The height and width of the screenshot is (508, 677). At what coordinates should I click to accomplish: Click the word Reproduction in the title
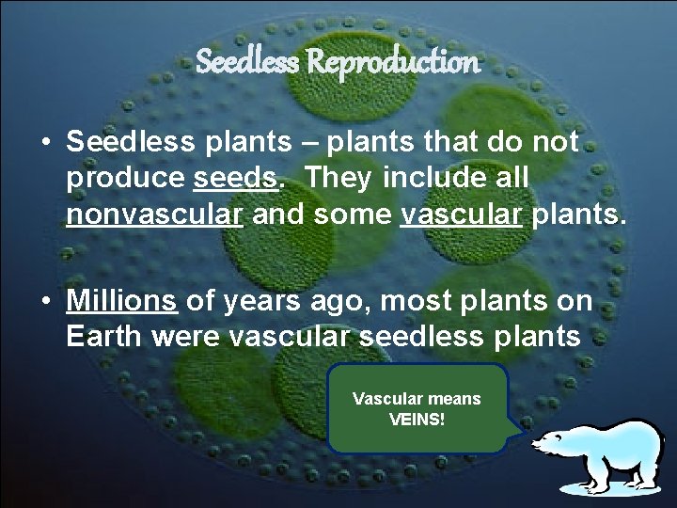tap(393, 63)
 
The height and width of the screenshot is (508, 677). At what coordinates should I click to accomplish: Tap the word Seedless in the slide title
tap(248, 63)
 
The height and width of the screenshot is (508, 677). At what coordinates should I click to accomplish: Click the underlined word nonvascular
tap(156, 214)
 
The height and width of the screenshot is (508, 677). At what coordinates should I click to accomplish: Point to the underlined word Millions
tap(121, 301)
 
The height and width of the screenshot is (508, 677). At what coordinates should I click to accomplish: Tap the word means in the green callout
tap(450, 399)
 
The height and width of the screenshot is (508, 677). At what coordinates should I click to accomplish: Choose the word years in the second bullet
tap(266, 301)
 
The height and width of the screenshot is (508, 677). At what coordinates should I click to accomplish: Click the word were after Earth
tap(185, 337)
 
